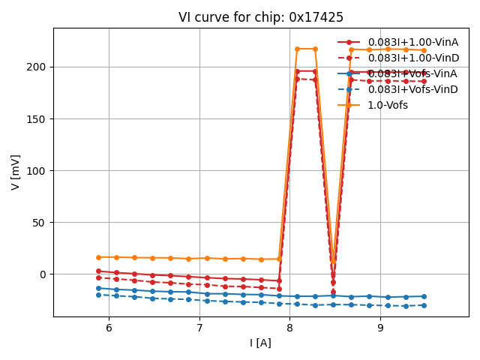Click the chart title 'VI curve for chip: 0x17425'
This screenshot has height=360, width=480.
click(x=261, y=17)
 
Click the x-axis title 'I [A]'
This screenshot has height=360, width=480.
click(x=261, y=343)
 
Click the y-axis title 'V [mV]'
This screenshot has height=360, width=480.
click(x=16, y=172)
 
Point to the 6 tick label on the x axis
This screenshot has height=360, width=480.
click(x=109, y=328)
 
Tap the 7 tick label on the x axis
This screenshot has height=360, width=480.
click(x=199, y=328)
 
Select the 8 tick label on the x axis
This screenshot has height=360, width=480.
click(x=289, y=328)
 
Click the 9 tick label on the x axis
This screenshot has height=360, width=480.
click(x=380, y=328)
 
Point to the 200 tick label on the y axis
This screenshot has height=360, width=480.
click(x=37, y=67)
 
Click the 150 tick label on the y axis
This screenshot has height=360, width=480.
click(x=37, y=118)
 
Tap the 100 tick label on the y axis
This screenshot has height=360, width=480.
click(x=37, y=170)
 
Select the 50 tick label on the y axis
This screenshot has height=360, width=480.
click(x=40, y=222)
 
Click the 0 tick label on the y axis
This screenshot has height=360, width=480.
click(x=43, y=274)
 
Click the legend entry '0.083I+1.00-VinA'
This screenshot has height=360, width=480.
click(x=412, y=42)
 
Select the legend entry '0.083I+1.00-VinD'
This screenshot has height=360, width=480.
click(x=412, y=58)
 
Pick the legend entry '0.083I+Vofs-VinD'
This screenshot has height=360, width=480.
click(x=412, y=89)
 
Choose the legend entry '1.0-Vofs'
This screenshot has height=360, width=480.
click(x=388, y=105)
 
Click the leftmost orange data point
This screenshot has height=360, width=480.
click(x=98, y=257)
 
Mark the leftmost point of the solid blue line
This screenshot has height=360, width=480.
click(x=98, y=288)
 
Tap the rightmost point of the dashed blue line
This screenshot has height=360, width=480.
click(x=424, y=305)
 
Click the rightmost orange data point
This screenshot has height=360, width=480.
click(x=424, y=50)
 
